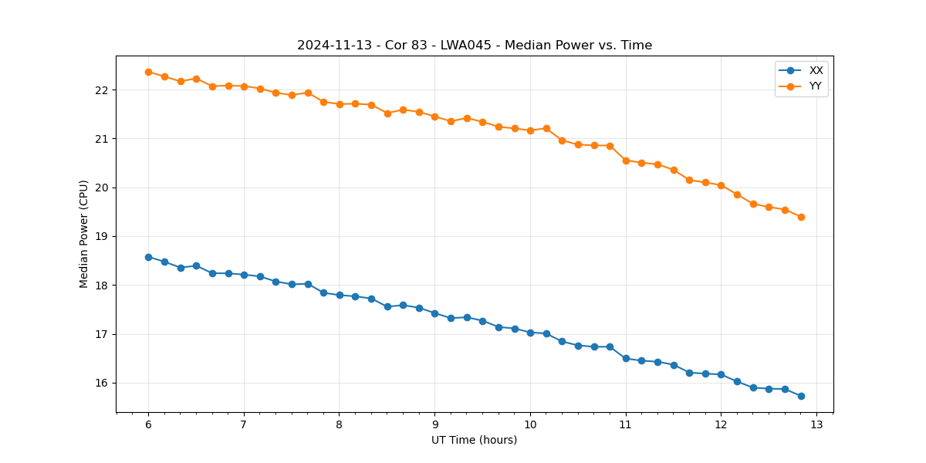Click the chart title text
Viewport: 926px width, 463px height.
[475, 46]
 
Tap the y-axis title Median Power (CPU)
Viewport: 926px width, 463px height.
[84, 234]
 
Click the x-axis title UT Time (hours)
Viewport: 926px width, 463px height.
[475, 440]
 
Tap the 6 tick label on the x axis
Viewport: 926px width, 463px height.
[148, 425]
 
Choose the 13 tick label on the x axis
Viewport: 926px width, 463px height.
[816, 425]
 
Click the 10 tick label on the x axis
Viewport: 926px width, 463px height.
[530, 425]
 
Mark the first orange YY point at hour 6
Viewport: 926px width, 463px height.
[148, 72]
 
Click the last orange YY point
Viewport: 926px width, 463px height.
[801, 217]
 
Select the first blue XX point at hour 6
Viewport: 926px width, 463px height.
[148, 257]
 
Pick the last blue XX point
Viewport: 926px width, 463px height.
[801, 396]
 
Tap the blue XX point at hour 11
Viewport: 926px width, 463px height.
[626, 358]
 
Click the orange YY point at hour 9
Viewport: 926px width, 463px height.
[434, 117]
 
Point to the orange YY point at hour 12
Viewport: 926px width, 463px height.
[721, 185]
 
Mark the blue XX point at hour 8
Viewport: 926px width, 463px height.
[340, 295]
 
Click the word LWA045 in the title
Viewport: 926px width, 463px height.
[459, 46]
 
